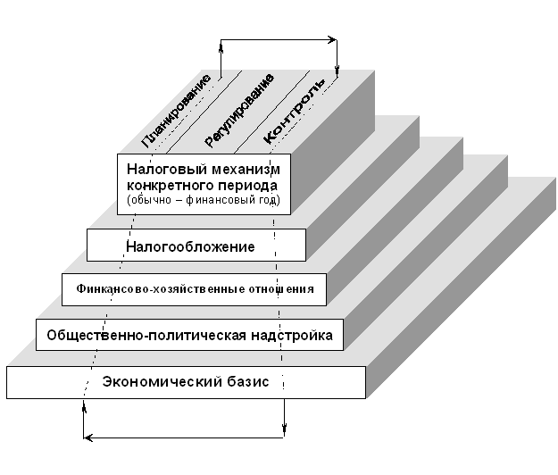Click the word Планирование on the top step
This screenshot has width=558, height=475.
tap(177, 110)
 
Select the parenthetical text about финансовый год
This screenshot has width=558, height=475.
tap(203, 200)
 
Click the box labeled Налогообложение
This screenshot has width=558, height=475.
tap(196, 246)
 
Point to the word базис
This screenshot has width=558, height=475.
tap(248, 381)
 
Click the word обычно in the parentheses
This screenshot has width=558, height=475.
tap(147, 200)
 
